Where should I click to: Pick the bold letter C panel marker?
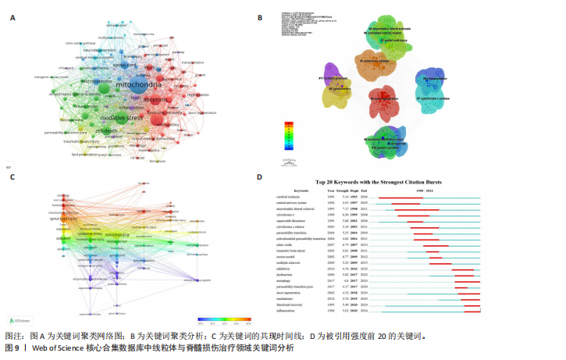click(x=12, y=176)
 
